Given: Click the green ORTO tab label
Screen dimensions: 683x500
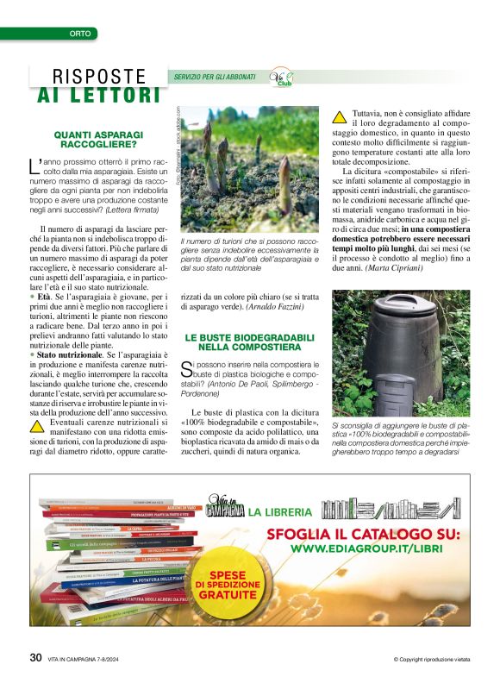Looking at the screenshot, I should (x=79, y=34).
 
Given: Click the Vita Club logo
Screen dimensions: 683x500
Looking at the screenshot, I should (x=282, y=80).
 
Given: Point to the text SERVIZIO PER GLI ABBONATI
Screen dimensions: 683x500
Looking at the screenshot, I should (x=215, y=77).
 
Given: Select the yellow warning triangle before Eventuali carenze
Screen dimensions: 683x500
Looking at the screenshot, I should (x=37, y=425).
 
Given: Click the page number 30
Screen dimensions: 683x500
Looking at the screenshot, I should (x=35, y=657).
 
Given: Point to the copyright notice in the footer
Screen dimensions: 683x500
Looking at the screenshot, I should (x=431, y=660).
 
